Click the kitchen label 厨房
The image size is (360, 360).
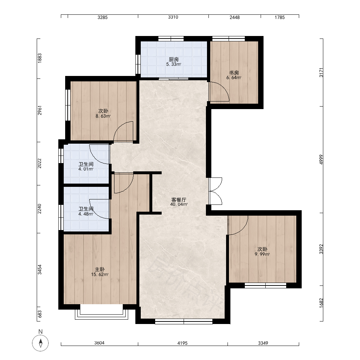174,59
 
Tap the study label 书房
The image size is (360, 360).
234,73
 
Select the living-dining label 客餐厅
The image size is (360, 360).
179,200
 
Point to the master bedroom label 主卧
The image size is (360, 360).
100,269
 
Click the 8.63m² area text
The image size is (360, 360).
103,116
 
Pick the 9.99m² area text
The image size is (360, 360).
262,254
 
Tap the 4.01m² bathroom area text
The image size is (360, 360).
86,169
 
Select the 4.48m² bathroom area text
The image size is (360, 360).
86,214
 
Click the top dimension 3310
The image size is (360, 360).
173,17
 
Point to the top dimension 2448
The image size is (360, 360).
235,17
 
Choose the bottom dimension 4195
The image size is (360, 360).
183,343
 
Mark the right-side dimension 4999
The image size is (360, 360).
321,159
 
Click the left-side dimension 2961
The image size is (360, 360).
40,111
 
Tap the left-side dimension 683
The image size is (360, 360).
40,314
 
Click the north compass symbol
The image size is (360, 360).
40,343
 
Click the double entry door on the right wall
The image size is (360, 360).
215,191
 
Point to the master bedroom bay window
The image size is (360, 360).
102,312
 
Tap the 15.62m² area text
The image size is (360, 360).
100,274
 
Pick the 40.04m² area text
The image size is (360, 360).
179,204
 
